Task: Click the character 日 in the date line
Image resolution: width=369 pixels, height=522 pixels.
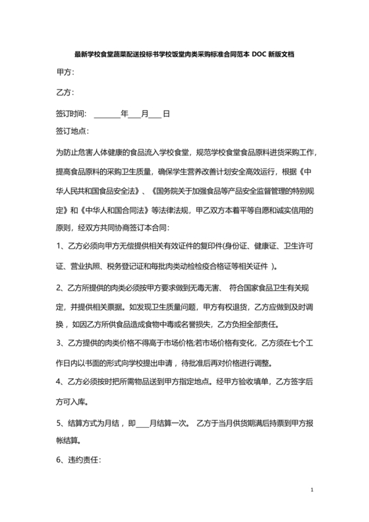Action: (x=167, y=113)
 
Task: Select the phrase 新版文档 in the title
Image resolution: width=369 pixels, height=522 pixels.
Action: (x=287, y=55)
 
